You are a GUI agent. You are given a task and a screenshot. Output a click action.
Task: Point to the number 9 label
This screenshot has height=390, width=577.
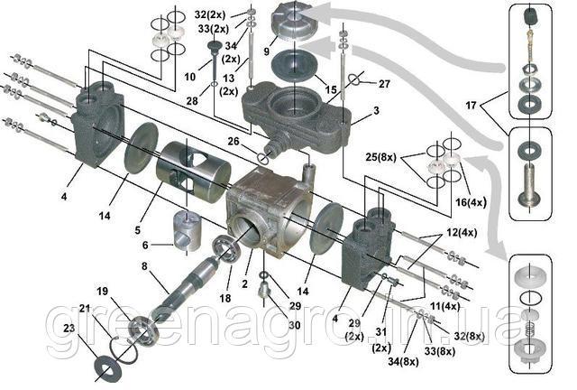(x=266, y=52)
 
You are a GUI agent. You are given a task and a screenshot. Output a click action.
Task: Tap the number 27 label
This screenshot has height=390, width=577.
(x=385, y=84)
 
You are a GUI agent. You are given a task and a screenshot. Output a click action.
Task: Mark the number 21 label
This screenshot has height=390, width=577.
(x=84, y=310)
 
